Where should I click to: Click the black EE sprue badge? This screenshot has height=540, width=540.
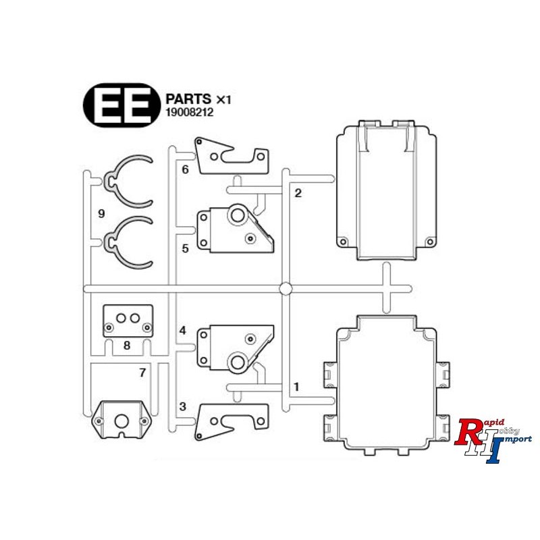click(x=122, y=105)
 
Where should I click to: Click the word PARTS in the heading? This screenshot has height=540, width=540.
click(x=188, y=99)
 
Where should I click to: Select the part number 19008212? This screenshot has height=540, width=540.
click(x=190, y=113)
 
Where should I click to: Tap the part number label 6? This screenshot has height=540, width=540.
click(x=185, y=169)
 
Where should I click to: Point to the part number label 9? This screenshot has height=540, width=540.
click(x=101, y=214)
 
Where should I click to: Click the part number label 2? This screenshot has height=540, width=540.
click(x=298, y=193)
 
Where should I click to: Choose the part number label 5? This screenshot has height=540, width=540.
click(x=185, y=248)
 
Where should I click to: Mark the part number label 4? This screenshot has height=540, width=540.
click(x=182, y=331)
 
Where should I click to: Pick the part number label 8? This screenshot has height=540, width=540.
click(x=127, y=345)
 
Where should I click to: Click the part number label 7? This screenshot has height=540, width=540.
click(x=142, y=373)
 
